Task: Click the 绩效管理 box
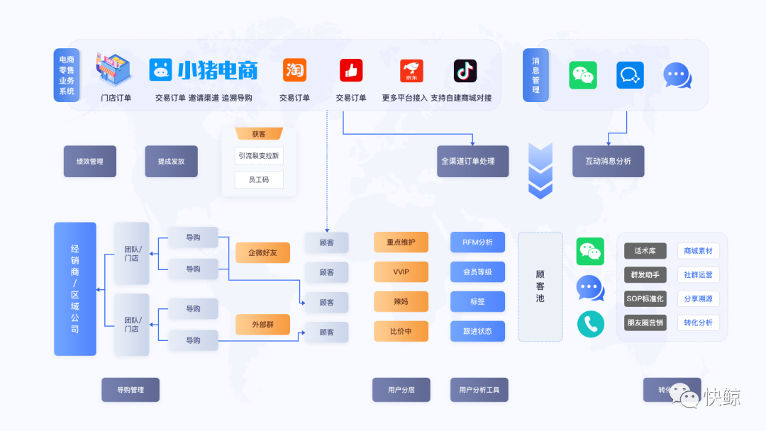(90, 162)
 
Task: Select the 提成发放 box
(171, 162)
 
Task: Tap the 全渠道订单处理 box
(472, 162)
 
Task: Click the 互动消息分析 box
(608, 162)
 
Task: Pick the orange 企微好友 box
(262, 252)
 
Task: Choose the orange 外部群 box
(262, 325)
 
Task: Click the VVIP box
(401, 272)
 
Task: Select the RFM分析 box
(477, 242)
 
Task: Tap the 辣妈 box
(401, 301)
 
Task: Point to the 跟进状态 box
(477, 331)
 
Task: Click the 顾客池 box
(540, 286)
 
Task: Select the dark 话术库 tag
(645, 251)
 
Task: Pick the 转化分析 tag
(698, 323)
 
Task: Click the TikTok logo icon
(465, 71)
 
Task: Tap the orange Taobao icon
(294, 70)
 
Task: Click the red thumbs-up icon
(350, 70)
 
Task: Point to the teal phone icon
(590, 324)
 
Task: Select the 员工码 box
(259, 180)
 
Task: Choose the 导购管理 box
(130, 390)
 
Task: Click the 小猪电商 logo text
(217, 70)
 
